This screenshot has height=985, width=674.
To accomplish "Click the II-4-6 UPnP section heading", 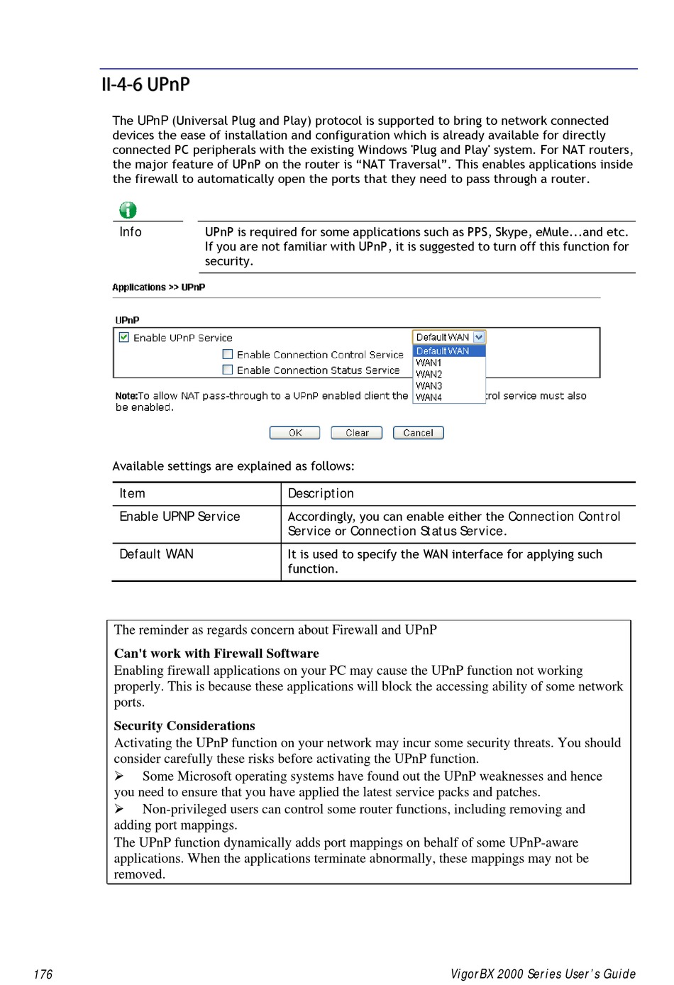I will tap(145, 84).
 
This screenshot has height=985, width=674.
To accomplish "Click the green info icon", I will tap(128, 210).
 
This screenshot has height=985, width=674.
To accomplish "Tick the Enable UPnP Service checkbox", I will tap(124, 338).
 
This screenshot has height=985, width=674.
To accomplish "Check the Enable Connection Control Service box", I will tap(228, 354).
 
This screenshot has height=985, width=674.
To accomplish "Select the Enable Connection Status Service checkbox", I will tap(228, 370).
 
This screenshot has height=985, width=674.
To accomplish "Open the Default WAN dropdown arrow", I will tap(479, 337).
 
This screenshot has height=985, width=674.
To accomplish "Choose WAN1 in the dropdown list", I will tap(429, 363).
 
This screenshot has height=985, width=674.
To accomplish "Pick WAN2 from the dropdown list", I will tap(429, 374).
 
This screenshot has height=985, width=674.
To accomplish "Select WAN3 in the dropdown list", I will tap(429, 386).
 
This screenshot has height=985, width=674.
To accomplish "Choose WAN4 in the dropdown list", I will tap(429, 397).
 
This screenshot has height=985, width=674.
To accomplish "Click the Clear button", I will tap(357, 433).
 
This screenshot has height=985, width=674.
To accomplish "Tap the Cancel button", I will tap(418, 433).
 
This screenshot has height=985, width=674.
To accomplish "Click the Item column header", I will tap(132, 494).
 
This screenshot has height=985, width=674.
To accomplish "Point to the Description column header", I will tap(321, 494).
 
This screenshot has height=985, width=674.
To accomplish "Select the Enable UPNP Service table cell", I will tap(179, 517).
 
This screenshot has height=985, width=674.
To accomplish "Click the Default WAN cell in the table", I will tap(156, 554).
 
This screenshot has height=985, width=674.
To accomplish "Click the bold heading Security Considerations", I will tap(184, 726).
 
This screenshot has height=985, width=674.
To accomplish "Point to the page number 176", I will tap(43, 974).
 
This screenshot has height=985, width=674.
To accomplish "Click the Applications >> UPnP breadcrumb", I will tap(158, 287).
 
